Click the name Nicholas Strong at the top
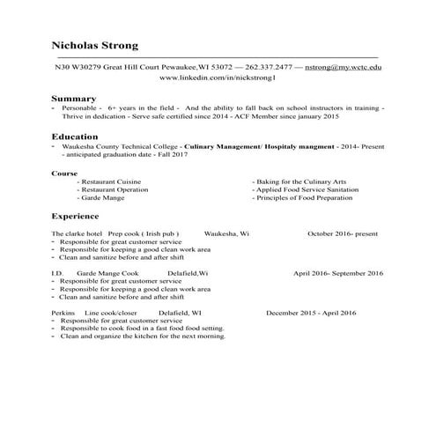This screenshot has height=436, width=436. tap(94, 45)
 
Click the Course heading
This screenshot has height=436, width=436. tap(64, 173)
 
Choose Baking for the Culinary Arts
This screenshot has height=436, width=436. tap(298, 181)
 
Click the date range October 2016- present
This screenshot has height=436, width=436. tap(343, 233)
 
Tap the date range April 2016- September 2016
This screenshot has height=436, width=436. tap(338, 274)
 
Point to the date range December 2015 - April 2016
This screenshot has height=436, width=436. tap(311, 313)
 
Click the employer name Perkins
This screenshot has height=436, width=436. tap(63, 313)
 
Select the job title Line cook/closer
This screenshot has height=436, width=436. tap(111, 313)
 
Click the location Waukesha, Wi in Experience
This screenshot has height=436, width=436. tap(226, 233)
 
